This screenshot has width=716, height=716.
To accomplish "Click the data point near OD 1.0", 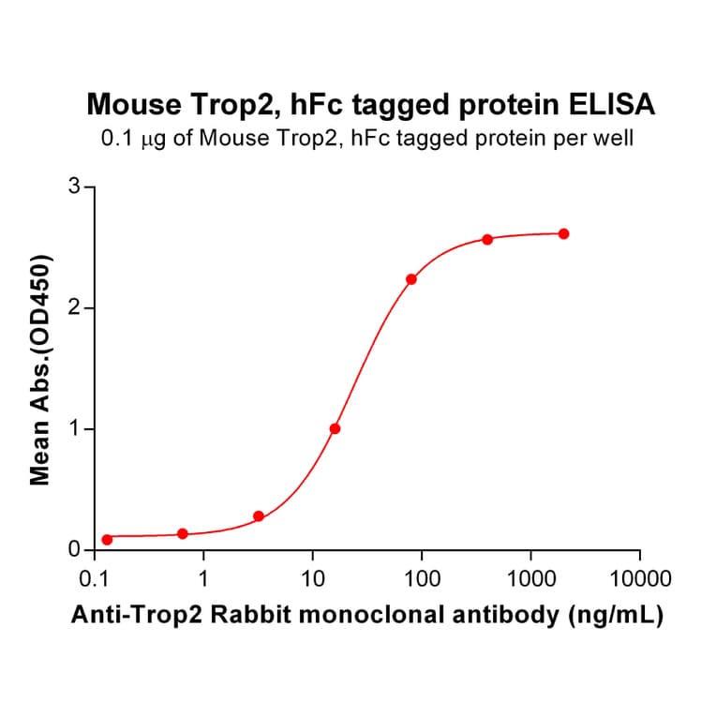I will [335, 428].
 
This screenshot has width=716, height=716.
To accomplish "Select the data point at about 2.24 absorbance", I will [411, 279].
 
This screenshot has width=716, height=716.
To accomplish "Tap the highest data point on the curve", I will [563, 233].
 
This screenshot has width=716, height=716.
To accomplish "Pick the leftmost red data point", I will [107, 540].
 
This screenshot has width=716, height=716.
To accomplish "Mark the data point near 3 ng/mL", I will [259, 516].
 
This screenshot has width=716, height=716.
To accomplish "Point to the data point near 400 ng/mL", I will [487, 240].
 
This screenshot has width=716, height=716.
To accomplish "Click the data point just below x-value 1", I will [183, 534].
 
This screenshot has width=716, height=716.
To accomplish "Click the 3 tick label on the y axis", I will [75, 187].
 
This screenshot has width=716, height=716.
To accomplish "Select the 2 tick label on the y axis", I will [75, 308].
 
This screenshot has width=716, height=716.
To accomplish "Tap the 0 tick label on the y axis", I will [75, 550].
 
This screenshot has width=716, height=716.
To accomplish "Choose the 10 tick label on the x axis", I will [313, 576].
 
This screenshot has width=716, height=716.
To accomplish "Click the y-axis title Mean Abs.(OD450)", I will [40, 369].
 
